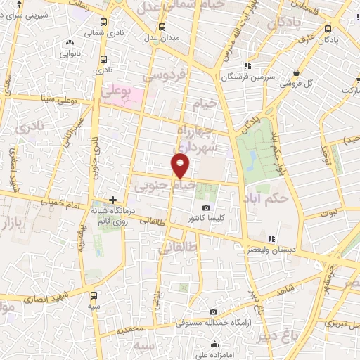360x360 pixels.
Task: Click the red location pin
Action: [181, 166]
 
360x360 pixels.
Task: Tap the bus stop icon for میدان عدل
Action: [162, 27]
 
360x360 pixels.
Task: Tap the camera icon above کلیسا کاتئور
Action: [206, 208]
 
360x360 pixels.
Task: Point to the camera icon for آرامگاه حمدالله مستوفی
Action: [213, 311]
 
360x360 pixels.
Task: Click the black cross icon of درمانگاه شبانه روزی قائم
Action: [112, 200]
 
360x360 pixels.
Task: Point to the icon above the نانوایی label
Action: [67, 41]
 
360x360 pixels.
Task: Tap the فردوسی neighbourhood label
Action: [163, 73]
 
